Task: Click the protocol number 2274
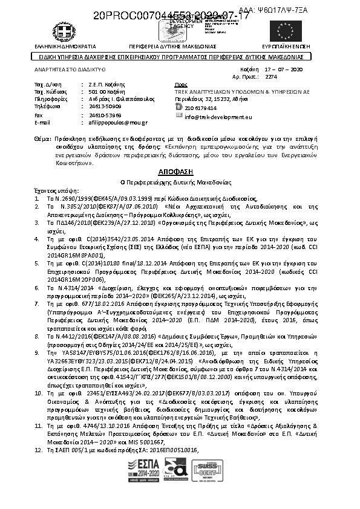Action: tap(272, 77)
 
